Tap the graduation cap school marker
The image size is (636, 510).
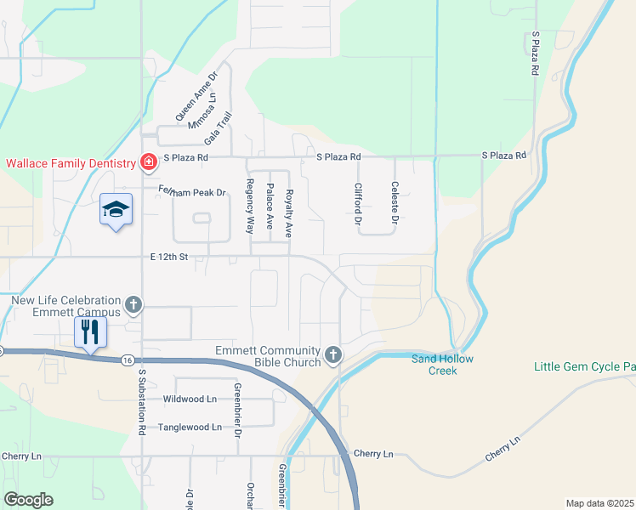tap(116, 209)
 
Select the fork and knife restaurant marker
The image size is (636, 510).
tap(90, 331)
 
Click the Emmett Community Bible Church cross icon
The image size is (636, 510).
tap(333, 355)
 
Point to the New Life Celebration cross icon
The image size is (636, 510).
tap(133, 304)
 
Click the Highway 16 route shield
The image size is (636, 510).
tap(126, 360)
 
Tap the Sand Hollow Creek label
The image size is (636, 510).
tap(442, 364)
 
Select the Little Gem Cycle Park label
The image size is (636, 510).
tap(584, 367)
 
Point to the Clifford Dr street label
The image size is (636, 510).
tap(359, 204)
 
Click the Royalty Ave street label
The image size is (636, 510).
tap(289, 212)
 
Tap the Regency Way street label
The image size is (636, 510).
tap(251, 207)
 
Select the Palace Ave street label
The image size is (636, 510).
tap(270, 207)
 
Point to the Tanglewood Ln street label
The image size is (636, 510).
tap(190, 427)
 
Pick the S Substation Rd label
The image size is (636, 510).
tap(142, 400)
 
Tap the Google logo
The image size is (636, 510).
tap(29, 500)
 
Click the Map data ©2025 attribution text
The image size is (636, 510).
tap(599, 503)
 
